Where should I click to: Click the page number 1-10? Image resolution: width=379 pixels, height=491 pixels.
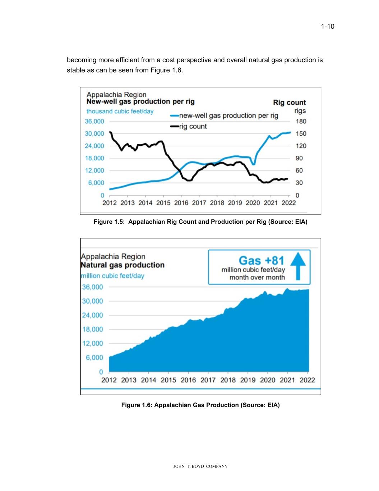coord(327,26)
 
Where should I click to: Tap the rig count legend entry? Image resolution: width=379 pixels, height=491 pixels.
coord(193,126)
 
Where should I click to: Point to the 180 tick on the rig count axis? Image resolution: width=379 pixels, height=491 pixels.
coord(301,121)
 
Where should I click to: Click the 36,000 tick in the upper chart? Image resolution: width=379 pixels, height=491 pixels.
coord(94,121)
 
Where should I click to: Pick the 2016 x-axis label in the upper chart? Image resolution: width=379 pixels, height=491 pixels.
coord(181,203)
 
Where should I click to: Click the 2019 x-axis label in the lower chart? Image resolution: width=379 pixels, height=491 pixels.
coord(248,380)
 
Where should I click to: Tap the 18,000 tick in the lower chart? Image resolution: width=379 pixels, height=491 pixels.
coord(92,329)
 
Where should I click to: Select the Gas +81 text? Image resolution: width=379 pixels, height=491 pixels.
coord(261,260)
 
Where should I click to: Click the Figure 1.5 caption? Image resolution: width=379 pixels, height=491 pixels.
coord(200,222)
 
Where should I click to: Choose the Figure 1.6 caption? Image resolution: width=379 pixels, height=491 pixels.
coord(200,405)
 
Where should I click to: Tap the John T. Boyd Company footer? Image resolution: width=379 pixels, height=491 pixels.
coord(200,467)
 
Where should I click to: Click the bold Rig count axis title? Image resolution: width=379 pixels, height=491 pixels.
coord(289,103)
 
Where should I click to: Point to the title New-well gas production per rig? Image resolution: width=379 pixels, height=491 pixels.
coord(140,101)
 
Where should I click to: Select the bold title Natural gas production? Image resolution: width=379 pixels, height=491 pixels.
coord(123,265)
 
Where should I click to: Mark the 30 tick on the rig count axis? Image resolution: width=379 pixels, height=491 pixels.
coord(299,183)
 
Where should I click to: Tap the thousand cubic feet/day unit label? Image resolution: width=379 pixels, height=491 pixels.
coord(120,112)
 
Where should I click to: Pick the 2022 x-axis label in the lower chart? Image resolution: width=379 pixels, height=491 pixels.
coord(307,380)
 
